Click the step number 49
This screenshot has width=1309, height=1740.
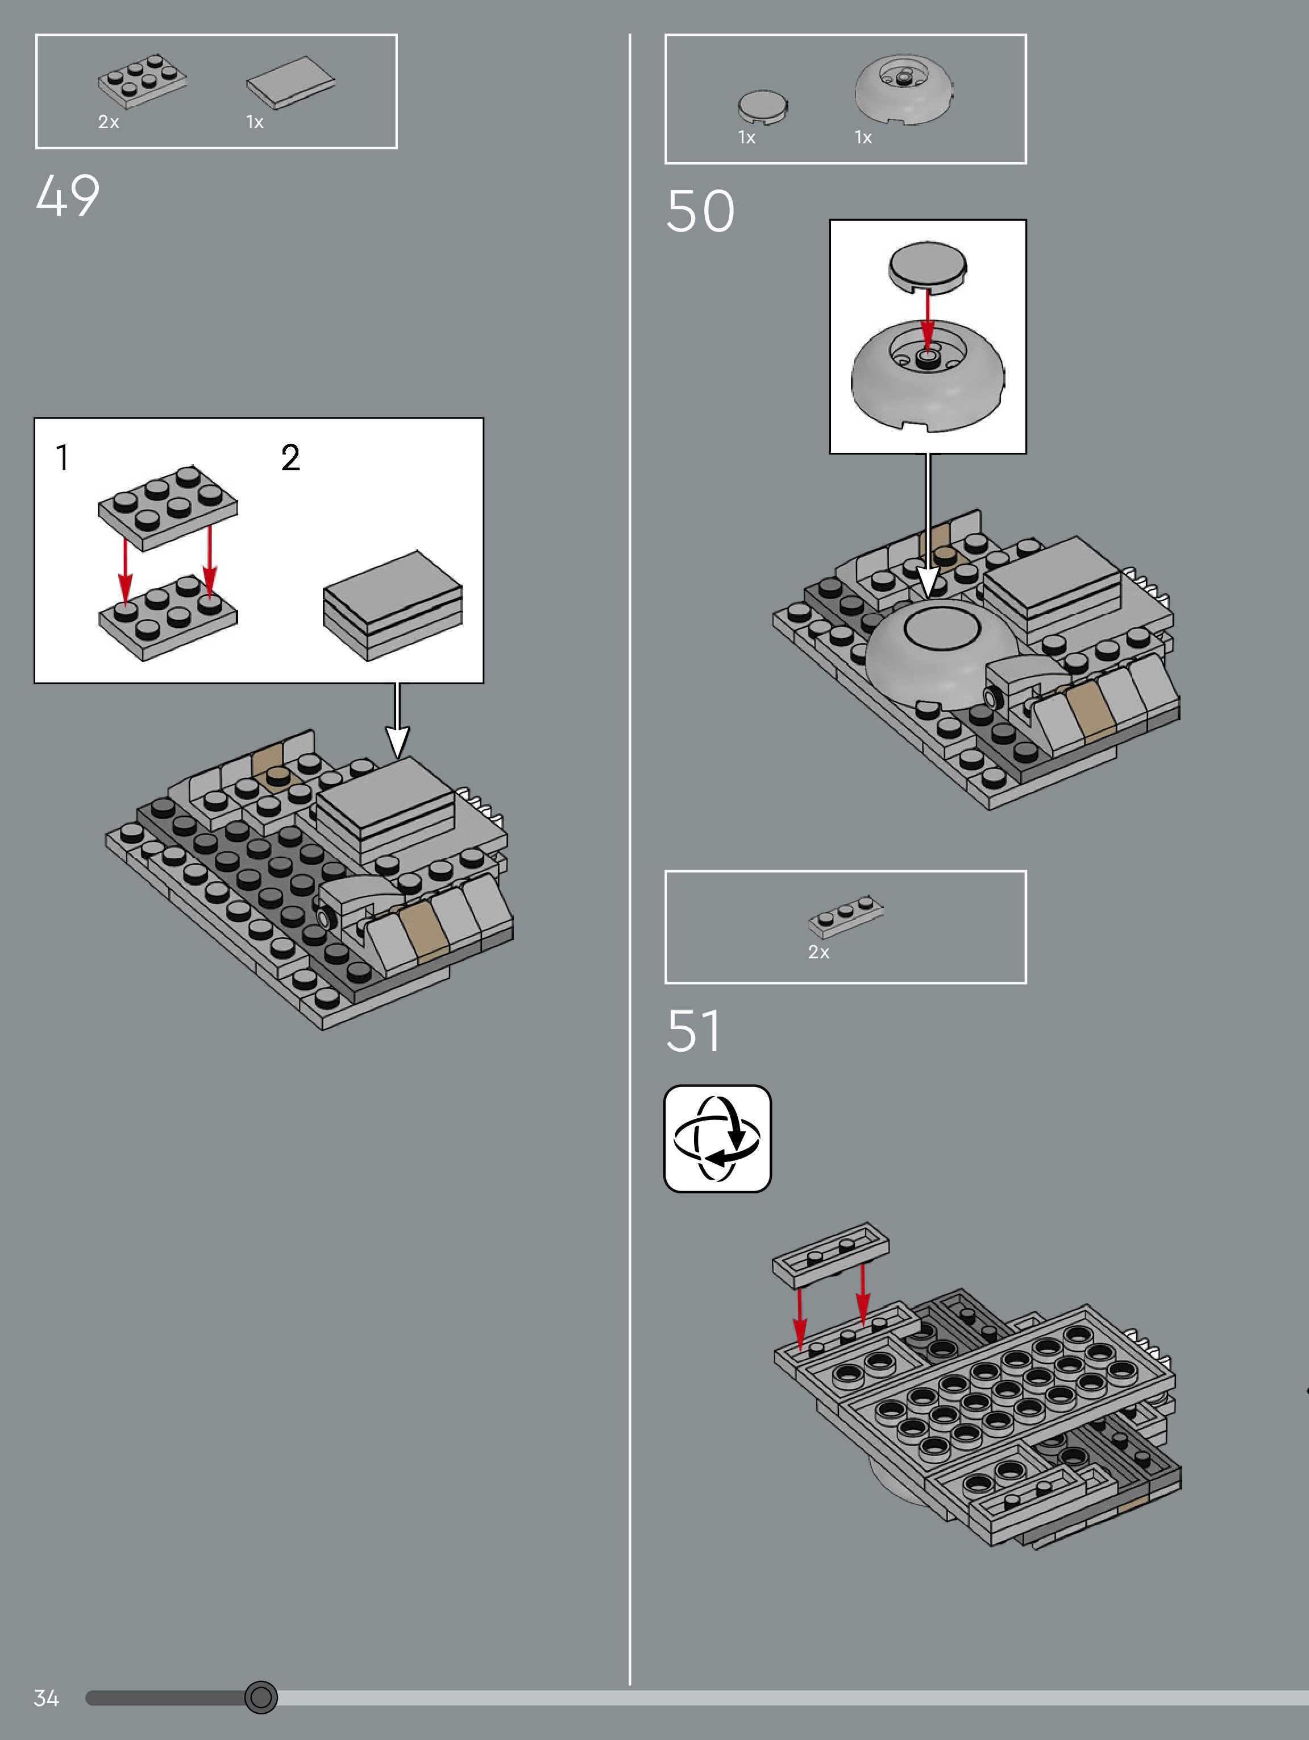click(68, 195)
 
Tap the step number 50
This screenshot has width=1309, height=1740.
click(700, 211)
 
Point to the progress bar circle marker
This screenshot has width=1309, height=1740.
click(261, 1697)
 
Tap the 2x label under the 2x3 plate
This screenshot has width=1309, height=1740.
click(109, 122)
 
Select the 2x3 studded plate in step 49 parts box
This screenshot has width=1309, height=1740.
click(142, 80)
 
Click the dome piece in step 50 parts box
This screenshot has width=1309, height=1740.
click(904, 90)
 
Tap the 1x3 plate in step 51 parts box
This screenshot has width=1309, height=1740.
click(845, 916)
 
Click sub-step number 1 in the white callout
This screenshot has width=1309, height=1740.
click(62, 457)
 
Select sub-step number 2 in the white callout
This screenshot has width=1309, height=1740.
click(290, 457)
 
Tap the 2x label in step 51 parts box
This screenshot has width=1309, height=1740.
click(818, 952)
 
